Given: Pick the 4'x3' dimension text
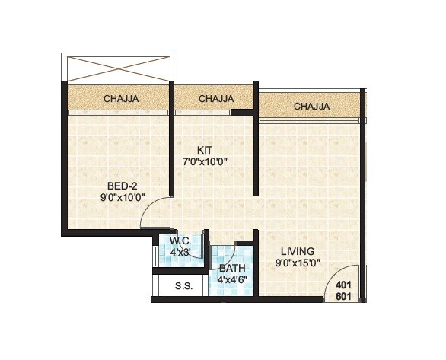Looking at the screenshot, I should pyautogui.click(x=180, y=252).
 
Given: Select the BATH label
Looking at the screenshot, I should pyautogui.click(x=231, y=269).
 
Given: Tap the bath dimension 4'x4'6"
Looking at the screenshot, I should pyautogui.click(x=231, y=280).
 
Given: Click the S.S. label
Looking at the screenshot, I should pyautogui.click(x=183, y=287).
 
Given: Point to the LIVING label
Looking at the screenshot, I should pyautogui.click(x=298, y=251).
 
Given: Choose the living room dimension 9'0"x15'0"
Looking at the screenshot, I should pyautogui.click(x=298, y=263).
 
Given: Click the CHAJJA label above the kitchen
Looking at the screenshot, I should pyautogui.click(x=216, y=98).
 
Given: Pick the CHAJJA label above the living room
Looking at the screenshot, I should pyautogui.click(x=311, y=106).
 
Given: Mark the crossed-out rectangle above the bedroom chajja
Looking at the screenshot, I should pyautogui.click(x=117, y=66).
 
